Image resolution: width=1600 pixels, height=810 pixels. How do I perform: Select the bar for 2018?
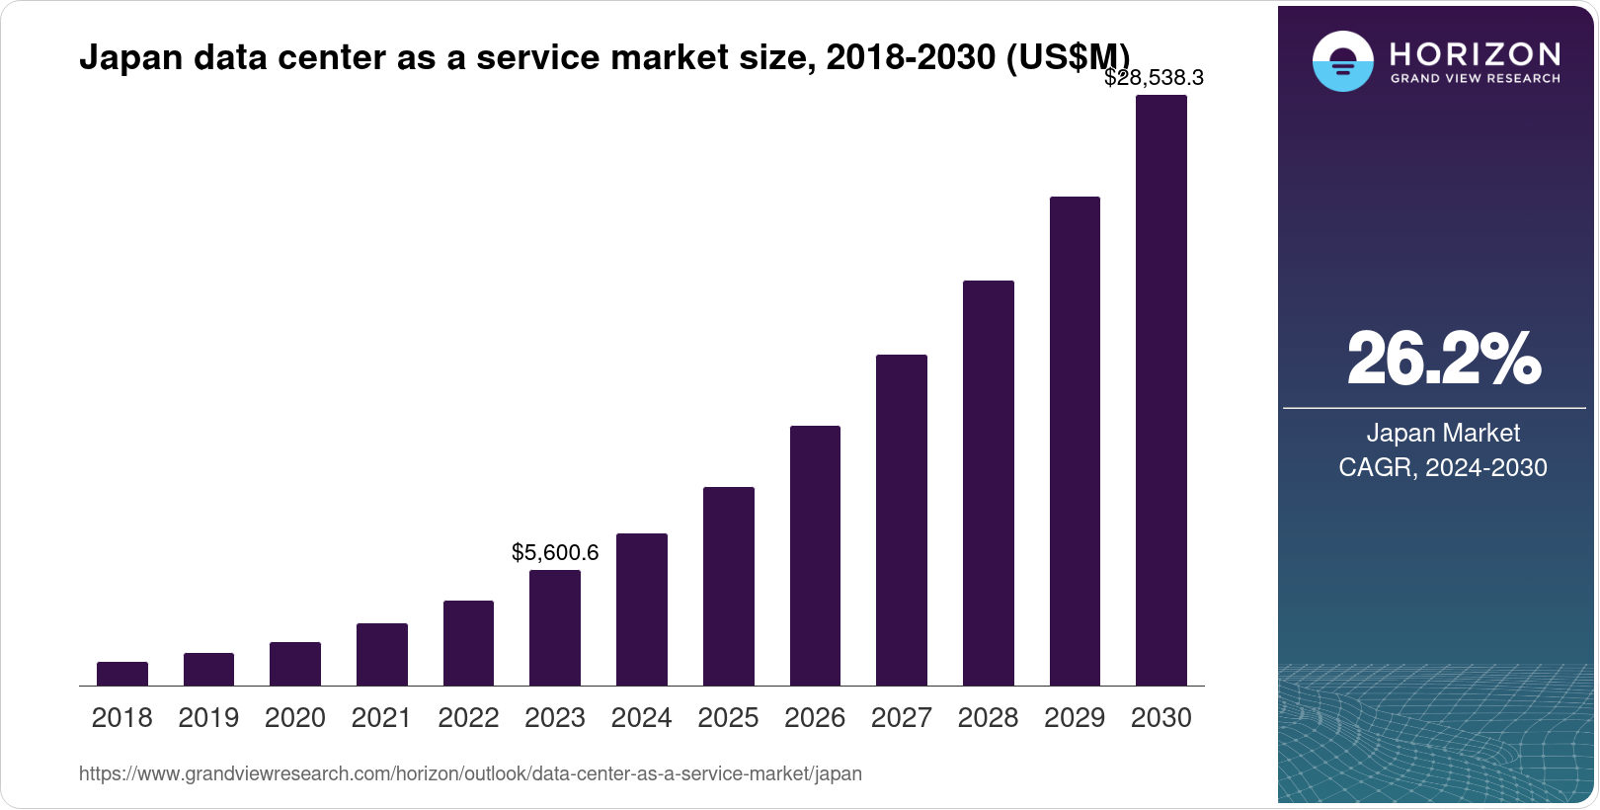coord(122,674)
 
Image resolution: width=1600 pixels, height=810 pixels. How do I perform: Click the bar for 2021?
coord(382,654)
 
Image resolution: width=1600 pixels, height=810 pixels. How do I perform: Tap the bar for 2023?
coord(555,627)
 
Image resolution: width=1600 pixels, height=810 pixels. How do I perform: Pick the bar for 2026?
coord(815,555)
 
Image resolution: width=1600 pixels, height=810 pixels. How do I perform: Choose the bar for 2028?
coord(988,483)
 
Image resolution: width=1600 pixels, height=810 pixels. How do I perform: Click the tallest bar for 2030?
coord(1161,390)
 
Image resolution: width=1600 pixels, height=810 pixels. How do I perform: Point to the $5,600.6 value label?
coord(555,553)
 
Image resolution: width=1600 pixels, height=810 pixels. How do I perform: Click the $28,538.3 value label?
coord(1154,78)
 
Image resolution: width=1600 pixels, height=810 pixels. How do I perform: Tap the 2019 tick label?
coord(208,718)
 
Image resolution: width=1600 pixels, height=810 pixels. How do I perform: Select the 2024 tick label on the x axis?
coord(642,718)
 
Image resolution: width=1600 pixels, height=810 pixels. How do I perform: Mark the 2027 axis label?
coord(902,718)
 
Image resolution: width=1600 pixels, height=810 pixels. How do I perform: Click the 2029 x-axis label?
coord(1075,718)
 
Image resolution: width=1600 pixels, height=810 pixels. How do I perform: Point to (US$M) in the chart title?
coord(1067,57)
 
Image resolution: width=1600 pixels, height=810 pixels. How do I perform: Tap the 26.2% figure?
coord(1443,360)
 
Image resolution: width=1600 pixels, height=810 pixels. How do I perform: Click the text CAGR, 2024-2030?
coord(1443,467)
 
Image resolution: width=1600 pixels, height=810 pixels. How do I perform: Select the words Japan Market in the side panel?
coord(1443,433)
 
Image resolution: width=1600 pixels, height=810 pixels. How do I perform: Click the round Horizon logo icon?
coord(1342,61)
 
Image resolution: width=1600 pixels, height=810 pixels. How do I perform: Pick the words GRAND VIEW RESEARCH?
coord(1475,78)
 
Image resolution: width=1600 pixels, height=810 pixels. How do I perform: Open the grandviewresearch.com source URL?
coord(470,773)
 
